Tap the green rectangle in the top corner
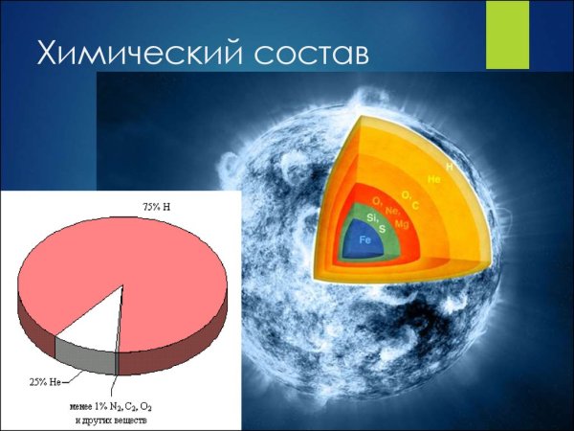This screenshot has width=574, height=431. click(507, 34)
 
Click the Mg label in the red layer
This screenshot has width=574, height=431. click(402, 223)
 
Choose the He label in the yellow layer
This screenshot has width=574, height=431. click(433, 179)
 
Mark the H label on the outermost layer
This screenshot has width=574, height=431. click(448, 167)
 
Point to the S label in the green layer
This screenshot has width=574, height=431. click(383, 229)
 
